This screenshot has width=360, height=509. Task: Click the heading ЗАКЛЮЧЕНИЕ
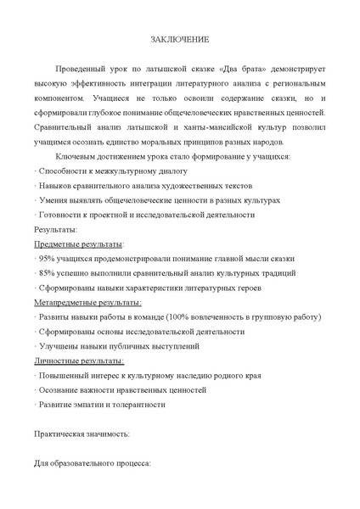tap(180, 40)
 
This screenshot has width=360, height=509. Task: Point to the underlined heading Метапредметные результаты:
tap(87, 302)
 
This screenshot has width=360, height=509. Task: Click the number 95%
tap(47, 258)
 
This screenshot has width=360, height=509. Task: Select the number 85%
tap(47, 273)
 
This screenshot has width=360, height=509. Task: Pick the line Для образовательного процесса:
tap(92, 464)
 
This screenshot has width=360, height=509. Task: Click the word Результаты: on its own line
tap(56, 229)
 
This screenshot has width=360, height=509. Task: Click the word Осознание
tap(57, 390)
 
